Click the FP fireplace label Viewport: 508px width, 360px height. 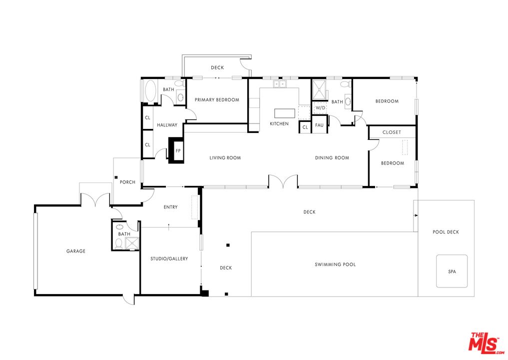(x=178, y=151)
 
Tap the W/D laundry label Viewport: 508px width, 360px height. (x=320, y=107)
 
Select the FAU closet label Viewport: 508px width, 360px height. (x=320, y=125)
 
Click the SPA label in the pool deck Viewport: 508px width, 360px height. (x=452, y=271)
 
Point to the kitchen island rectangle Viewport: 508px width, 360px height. (x=285, y=113)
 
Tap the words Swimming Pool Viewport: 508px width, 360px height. (x=335, y=264)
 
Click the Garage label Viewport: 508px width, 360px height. (x=76, y=250)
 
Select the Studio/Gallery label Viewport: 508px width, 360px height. (x=169, y=258)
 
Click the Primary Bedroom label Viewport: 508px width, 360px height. (x=217, y=99)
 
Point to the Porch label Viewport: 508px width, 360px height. (x=128, y=182)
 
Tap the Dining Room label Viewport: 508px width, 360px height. (x=332, y=157)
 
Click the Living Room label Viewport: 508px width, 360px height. (x=225, y=157)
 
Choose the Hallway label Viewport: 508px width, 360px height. (x=167, y=125)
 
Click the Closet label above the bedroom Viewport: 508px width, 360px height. (x=392, y=132)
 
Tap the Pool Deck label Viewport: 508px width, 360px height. (x=446, y=232)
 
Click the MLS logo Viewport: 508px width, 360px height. (x=486, y=343)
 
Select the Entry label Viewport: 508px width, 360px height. (x=171, y=207)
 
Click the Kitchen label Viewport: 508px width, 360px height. (x=279, y=123)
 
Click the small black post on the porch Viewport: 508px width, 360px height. (x=116, y=177)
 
